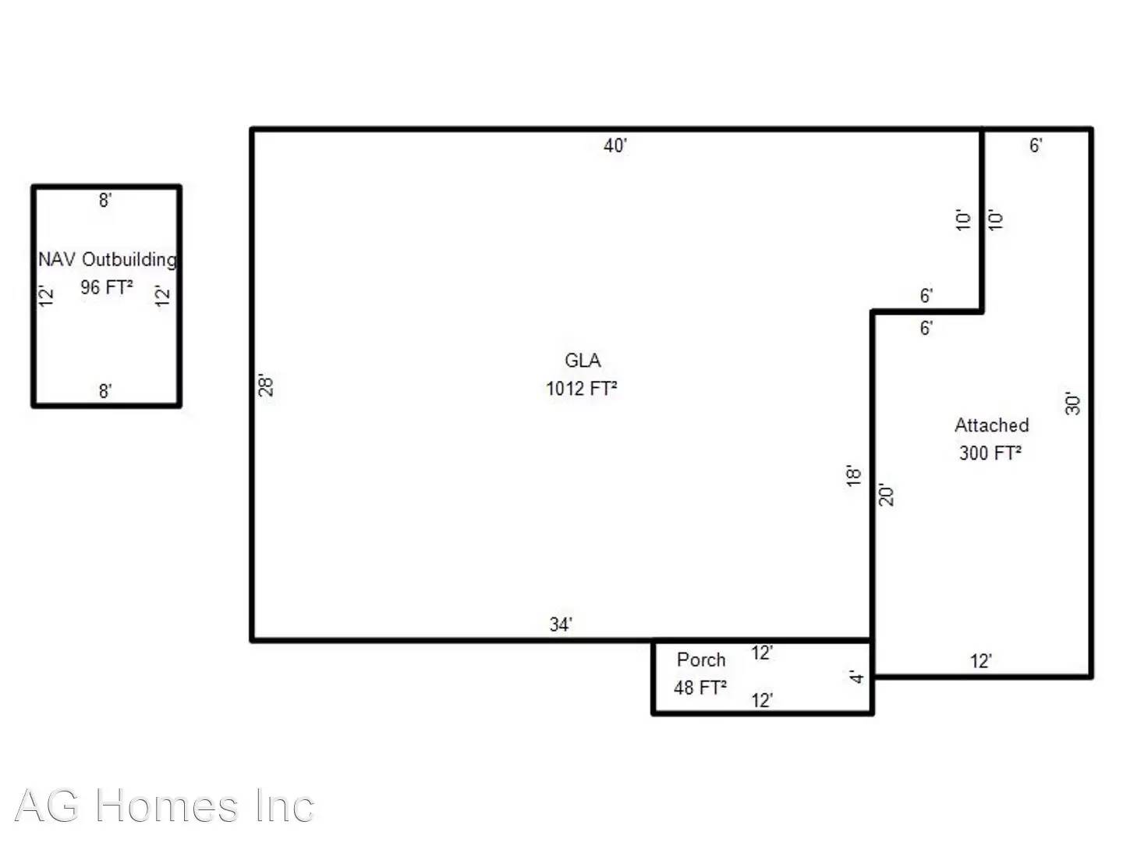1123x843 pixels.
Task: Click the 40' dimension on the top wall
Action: point(615,145)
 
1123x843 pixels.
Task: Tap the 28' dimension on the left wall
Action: point(266,385)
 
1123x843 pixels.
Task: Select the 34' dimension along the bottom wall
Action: point(560,624)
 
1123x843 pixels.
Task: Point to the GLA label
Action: point(583,361)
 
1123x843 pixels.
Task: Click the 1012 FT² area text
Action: point(582,389)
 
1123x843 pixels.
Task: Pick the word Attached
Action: point(991,425)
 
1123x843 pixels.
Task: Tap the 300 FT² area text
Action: point(990,453)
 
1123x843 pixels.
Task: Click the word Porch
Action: point(701,660)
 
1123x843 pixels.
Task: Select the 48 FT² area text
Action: point(700,688)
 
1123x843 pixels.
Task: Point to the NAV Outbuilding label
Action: point(108,259)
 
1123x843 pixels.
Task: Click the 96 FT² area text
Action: point(107,287)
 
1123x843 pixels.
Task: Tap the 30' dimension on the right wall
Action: point(1073,404)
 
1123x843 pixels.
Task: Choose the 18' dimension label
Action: point(854,475)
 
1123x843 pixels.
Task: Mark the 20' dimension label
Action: point(887,495)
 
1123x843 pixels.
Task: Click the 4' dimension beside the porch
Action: point(857,677)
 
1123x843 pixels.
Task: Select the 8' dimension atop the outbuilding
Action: point(105,201)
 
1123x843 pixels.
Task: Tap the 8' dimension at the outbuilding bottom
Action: point(105,391)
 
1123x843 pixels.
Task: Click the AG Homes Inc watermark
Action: point(165,806)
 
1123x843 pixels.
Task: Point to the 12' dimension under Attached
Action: point(980,661)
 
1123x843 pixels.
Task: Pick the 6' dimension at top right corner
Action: point(1036,145)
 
